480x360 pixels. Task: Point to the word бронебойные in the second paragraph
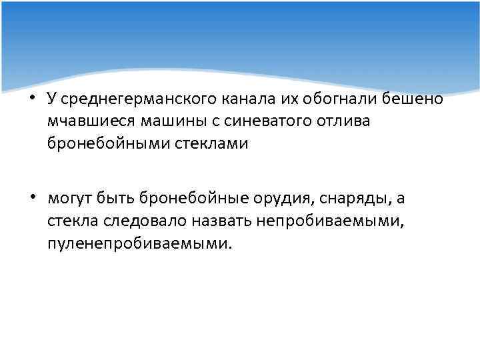point(191,198)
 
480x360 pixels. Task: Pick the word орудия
point(284,199)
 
